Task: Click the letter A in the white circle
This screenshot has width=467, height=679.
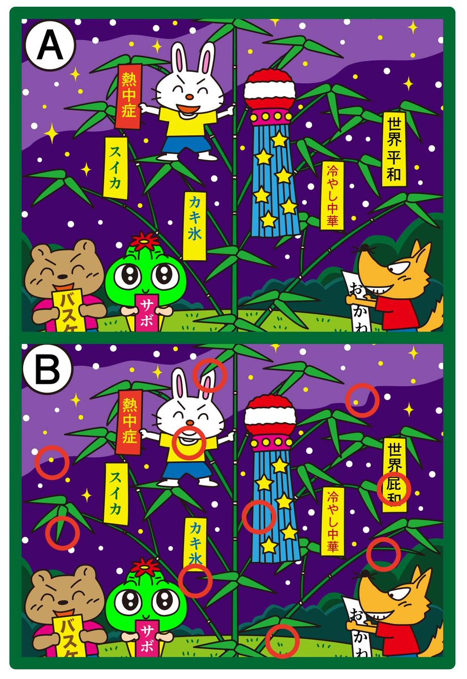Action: pos(49,46)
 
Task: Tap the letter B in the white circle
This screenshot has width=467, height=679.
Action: pos(49,371)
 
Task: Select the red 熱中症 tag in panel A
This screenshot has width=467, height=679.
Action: pos(130,96)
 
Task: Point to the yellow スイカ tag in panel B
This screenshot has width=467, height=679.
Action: pos(115,493)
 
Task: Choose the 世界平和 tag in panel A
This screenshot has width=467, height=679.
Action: pos(395,149)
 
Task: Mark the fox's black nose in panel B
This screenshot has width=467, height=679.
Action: pos(367,573)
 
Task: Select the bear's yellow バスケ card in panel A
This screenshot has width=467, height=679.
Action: pos(68,310)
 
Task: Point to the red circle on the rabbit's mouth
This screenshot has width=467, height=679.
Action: pos(188,442)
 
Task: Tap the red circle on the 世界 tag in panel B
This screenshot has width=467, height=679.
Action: pos(394,488)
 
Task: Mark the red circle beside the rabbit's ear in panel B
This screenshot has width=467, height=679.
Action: pos(209,375)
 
